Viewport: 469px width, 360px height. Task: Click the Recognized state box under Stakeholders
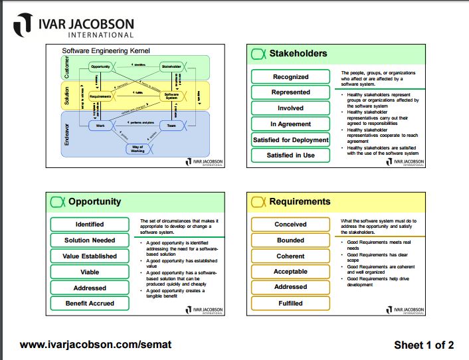pos(290,76)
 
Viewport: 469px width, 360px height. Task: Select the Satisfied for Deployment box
pos(290,139)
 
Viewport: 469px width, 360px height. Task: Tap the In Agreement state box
pos(290,124)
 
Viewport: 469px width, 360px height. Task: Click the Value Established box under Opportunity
pos(90,256)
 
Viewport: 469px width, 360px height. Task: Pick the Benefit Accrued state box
pos(90,303)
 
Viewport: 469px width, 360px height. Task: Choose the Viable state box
pos(90,272)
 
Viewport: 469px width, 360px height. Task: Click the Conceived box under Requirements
pos(290,225)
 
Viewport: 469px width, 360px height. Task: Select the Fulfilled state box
pos(290,303)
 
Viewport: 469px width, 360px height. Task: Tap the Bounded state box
pos(290,240)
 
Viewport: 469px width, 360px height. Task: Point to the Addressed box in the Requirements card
pos(290,287)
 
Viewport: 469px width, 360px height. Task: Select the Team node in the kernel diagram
pos(171,124)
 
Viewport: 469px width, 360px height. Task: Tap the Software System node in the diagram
pos(171,96)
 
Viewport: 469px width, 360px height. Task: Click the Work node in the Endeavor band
pos(100,124)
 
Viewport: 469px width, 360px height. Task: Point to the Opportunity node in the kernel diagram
pos(101,66)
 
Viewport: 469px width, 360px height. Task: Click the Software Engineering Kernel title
pos(106,50)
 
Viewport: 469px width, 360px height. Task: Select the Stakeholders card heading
pos(298,53)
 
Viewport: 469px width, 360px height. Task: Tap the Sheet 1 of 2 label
pos(423,345)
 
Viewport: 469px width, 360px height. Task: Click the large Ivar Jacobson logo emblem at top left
pos(23,26)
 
